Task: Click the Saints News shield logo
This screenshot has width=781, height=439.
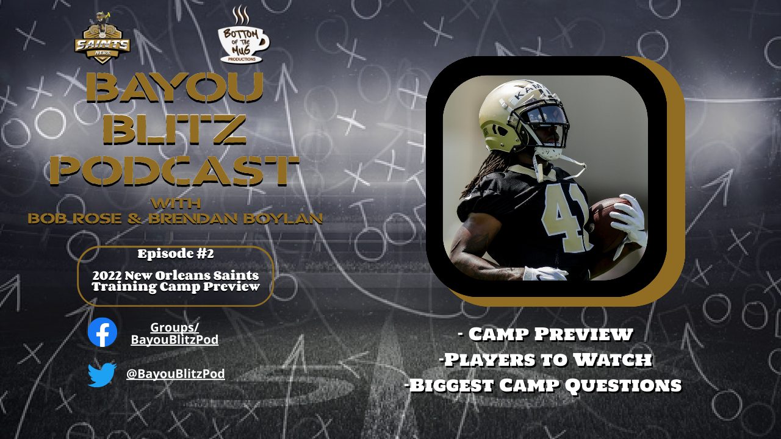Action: pyautogui.click(x=102, y=38)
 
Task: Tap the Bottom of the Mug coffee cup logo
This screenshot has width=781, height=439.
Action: pyautogui.click(x=243, y=35)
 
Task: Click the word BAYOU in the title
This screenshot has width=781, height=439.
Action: pyautogui.click(x=175, y=87)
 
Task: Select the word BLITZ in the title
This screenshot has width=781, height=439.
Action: pyautogui.click(x=175, y=130)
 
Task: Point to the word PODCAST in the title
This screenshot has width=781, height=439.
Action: pyautogui.click(x=175, y=171)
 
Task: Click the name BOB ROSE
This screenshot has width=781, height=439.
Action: pyautogui.click(x=75, y=219)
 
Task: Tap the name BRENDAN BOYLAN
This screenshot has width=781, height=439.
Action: pyautogui.click(x=236, y=219)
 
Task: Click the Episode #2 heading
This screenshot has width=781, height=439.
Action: pyautogui.click(x=175, y=254)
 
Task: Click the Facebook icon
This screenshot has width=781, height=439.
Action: pyautogui.click(x=102, y=332)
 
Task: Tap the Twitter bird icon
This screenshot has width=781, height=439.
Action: pyautogui.click(x=102, y=374)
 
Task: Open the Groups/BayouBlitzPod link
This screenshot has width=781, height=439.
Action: pyautogui.click(x=175, y=334)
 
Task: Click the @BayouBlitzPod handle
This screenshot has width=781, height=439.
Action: pyautogui.click(x=175, y=374)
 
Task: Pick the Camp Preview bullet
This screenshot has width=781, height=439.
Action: pyautogui.click(x=545, y=334)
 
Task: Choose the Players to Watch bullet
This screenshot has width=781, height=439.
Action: pyautogui.click(x=545, y=360)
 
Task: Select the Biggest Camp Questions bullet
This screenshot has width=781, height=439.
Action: pyautogui.click(x=543, y=385)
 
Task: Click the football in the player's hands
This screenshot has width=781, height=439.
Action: pyautogui.click(x=608, y=223)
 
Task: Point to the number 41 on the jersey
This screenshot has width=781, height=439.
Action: pyautogui.click(x=565, y=216)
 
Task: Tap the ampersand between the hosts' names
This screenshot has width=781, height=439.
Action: pyautogui.click(x=135, y=219)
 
